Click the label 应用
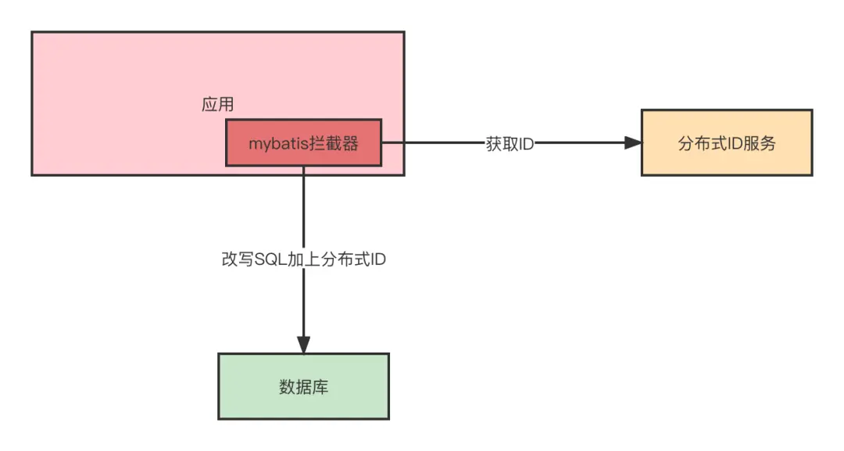click(218, 105)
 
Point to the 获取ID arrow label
click(510, 145)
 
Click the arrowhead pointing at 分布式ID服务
click(632, 143)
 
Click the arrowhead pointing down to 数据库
click(303, 345)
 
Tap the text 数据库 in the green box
click(303, 386)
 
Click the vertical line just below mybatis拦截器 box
click(303, 203)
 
